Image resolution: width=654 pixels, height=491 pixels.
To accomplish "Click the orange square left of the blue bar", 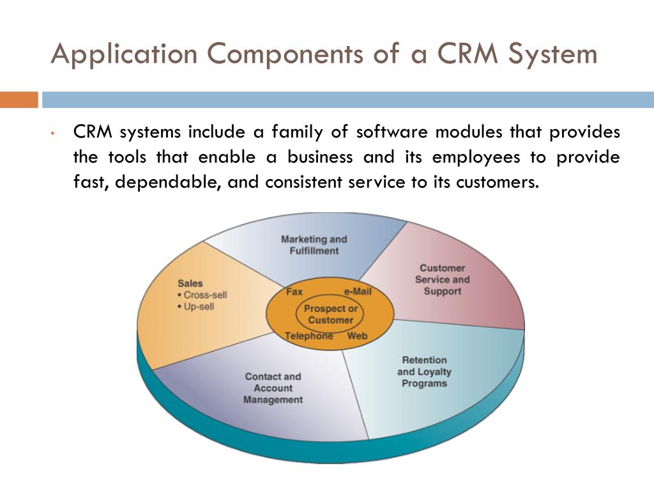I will coord(19,100).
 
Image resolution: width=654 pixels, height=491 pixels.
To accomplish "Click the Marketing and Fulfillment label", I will coord(314,245).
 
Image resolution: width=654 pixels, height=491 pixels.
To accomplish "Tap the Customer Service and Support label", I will coord(442,279).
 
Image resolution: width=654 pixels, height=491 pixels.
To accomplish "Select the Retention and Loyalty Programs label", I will coord(424,371).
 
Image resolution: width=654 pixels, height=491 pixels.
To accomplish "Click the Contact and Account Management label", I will coord(273,388).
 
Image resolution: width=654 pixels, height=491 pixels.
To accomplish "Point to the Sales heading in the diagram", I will coord(190,283).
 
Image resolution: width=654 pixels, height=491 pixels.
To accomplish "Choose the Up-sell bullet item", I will coord(199,306).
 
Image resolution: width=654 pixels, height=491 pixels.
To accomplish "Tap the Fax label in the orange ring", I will coord(294,292).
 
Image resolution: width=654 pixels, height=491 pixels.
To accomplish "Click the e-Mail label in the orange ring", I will coord(358,292).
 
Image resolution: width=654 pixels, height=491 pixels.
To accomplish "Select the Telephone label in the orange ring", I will coord(308,336).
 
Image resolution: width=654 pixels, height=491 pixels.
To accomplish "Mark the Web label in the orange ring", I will coord(358,336).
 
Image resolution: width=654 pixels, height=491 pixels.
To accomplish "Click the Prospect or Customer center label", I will coord(330,314).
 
